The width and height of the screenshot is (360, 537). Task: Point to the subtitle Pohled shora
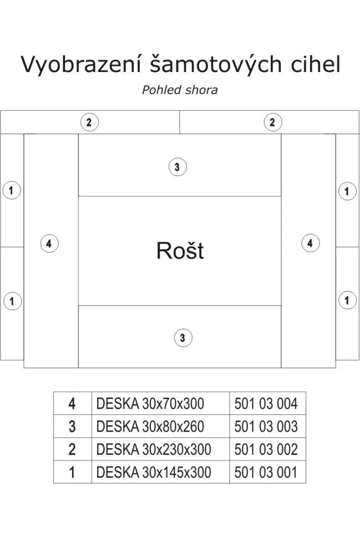pyautogui.click(x=179, y=90)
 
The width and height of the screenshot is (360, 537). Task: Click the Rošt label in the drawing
pyautogui.click(x=180, y=250)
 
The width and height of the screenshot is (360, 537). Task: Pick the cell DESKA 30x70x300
pyautogui.click(x=150, y=403)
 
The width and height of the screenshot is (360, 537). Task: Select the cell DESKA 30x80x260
pyautogui.click(x=150, y=426)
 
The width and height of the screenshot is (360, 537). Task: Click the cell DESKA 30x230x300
pyautogui.click(x=154, y=449)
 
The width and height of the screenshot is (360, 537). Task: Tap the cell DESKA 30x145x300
pyautogui.click(x=154, y=472)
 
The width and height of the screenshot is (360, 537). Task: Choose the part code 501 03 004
pyautogui.click(x=266, y=403)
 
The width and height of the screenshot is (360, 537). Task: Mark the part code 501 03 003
pyautogui.click(x=266, y=426)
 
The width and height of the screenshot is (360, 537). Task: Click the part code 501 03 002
pyautogui.click(x=266, y=449)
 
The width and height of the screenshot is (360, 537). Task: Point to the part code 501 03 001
pyautogui.click(x=266, y=472)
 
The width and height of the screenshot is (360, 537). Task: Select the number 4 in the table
pyautogui.click(x=73, y=403)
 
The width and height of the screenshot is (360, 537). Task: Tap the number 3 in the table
pyautogui.click(x=73, y=426)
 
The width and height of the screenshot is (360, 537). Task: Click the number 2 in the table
pyautogui.click(x=73, y=449)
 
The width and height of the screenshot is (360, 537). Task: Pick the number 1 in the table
pyautogui.click(x=73, y=472)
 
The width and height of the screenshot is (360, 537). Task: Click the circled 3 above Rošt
pyautogui.click(x=177, y=167)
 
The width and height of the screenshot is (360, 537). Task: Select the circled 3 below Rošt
pyautogui.click(x=183, y=338)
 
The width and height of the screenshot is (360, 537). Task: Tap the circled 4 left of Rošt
pyautogui.click(x=49, y=244)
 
